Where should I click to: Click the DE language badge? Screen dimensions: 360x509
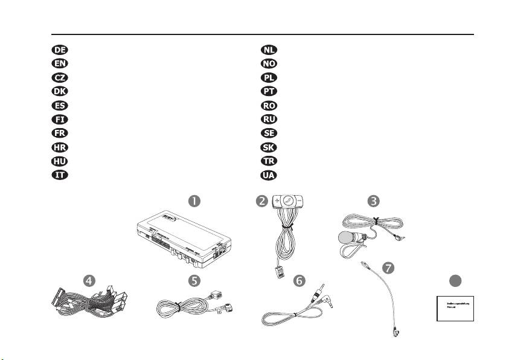(x=59, y=50)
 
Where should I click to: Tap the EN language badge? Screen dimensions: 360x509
(x=59, y=63)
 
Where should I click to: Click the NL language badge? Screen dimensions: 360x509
(x=268, y=50)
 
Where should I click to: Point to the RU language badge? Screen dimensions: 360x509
(x=268, y=119)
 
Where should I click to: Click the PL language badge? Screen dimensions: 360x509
(x=268, y=77)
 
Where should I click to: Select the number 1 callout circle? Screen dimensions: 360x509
(x=195, y=200)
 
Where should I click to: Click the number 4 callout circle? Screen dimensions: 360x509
(x=89, y=280)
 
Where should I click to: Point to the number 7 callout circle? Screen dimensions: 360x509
(x=389, y=266)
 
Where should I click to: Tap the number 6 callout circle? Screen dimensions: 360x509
(x=299, y=280)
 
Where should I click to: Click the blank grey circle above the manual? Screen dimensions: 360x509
(x=456, y=280)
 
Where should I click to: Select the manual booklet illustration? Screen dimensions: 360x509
(x=456, y=308)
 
